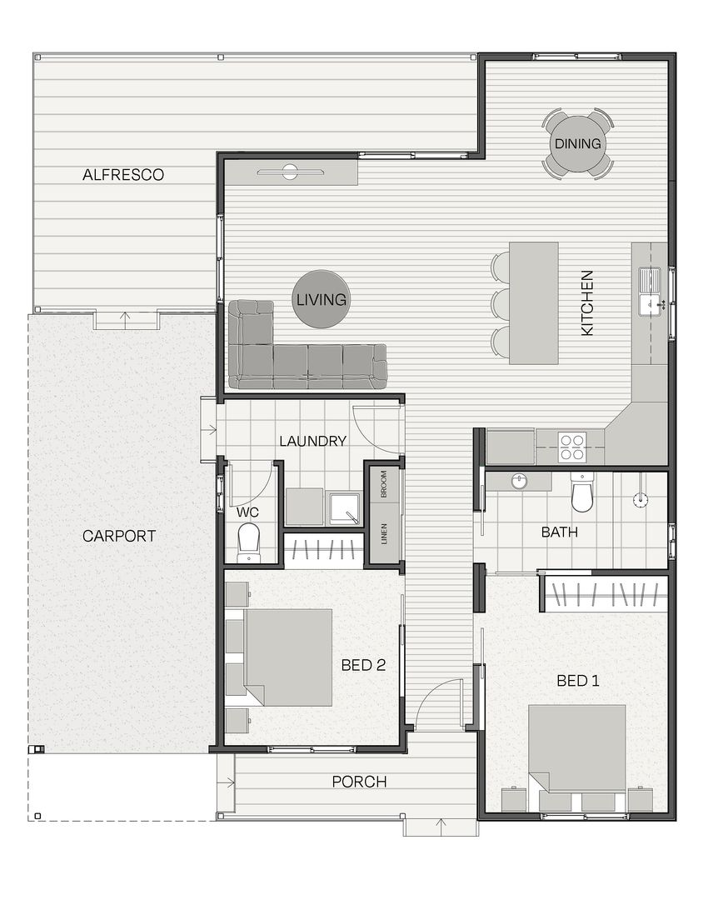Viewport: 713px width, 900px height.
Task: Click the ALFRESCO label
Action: coord(123,174)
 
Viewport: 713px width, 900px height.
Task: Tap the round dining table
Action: coord(577,143)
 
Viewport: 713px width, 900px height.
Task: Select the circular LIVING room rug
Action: coord(322,299)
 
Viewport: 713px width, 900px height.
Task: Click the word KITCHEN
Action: coord(586,302)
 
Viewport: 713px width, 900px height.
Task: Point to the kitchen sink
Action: coord(651,291)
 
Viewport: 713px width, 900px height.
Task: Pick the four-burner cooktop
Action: coord(573,447)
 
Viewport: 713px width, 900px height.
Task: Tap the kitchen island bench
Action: coord(533,303)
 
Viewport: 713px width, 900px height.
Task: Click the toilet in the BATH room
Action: coord(581,493)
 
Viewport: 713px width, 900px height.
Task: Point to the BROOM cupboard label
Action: coord(384,484)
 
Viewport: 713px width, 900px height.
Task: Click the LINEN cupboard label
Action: coord(384,534)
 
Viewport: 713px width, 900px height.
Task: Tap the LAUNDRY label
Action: coord(312,441)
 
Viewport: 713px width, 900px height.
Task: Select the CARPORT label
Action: coord(119,536)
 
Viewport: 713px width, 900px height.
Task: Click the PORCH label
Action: coord(359,782)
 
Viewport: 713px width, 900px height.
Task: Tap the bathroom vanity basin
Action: coord(519,481)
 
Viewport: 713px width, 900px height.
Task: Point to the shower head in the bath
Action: coord(641,499)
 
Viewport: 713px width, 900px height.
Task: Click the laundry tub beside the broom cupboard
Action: coord(345,508)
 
